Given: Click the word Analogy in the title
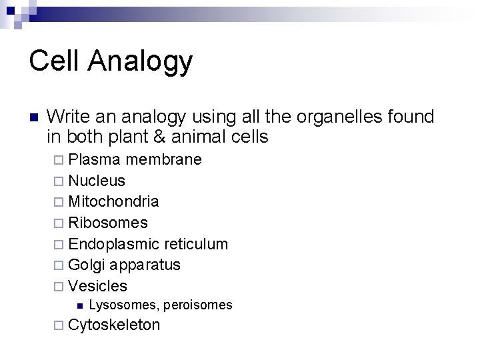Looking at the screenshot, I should [139, 62].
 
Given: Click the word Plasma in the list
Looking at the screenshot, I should [95, 160].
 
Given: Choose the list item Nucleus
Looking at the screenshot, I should [97, 181].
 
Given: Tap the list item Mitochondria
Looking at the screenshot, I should [113, 201].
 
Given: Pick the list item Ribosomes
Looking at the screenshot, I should [108, 223].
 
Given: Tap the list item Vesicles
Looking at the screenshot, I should [97, 286].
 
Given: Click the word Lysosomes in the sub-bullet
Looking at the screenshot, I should [121, 305].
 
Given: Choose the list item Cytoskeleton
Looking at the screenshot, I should [114, 325].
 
